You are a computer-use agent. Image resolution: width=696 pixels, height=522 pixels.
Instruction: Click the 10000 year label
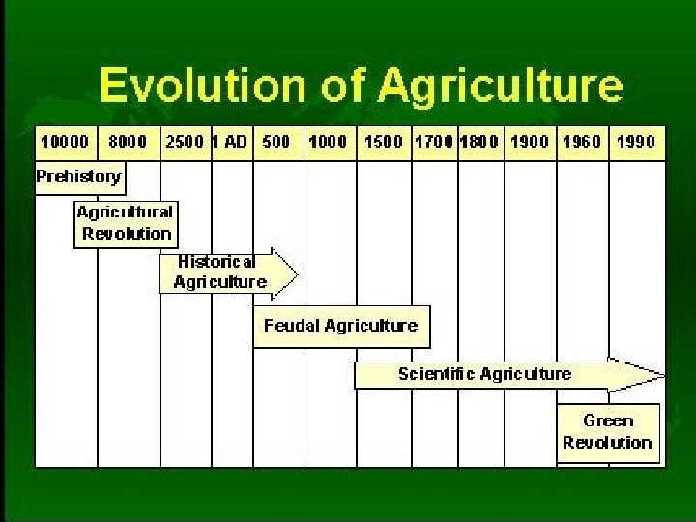(x=64, y=141)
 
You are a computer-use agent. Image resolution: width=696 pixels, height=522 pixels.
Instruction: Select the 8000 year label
(x=128, y=141)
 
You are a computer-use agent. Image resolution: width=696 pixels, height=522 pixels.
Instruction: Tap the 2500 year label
(x=185, y=141)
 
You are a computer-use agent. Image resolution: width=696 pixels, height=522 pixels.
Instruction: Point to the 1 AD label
(x=229, y=141)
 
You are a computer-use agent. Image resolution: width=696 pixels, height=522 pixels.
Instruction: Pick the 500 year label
(x=276, y=141)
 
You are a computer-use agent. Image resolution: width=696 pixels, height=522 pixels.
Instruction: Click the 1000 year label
(x=328, y=141)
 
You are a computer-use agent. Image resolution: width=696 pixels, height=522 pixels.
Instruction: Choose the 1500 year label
(x=384, y=141)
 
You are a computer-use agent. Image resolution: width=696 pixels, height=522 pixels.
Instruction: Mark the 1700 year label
(x=433, y=141)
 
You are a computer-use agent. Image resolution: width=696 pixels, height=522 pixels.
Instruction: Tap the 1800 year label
(x=479, y=141)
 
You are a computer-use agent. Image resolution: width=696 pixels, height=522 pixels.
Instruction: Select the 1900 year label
(x=530, y=141)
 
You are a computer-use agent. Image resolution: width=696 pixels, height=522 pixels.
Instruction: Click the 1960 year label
(x=582, y=141)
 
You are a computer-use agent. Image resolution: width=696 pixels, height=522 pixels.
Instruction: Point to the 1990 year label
(x=635, y=141)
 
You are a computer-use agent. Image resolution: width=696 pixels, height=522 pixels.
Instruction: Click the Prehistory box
(x=79, y=177)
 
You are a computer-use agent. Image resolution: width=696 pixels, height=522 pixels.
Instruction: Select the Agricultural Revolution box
(x=126, y=223)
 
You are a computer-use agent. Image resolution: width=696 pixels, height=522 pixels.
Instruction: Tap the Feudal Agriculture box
(x=341, y=327)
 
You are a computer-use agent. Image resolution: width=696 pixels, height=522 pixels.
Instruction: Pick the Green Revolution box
(x=608, y=432)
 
